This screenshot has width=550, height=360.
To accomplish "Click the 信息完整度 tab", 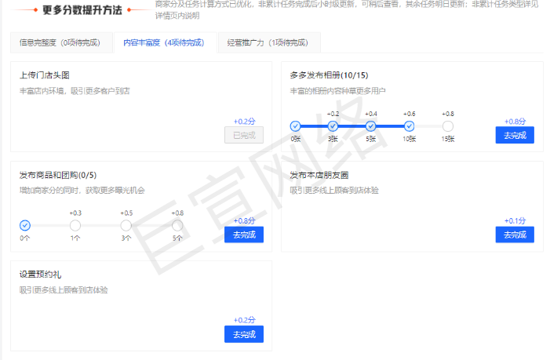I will [x=60, y=43].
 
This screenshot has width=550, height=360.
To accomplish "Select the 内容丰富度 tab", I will [x=163, y=43].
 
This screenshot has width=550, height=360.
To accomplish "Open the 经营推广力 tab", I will [x=268, y=43].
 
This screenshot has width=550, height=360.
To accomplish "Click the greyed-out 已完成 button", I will [x=244, y=135].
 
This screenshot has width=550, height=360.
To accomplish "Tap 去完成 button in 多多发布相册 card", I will [x=515, y=135].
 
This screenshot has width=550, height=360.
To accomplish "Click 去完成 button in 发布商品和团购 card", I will [x=244, y=235].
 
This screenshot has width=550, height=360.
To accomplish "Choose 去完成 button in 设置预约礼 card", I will [x=244, y=334].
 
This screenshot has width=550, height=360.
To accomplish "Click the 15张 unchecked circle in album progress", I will [x=447, y=126].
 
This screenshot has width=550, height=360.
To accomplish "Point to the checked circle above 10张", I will [x=409, y=126].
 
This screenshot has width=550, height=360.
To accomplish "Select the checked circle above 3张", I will [x=333, y=126].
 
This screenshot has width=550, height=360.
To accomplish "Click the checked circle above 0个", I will [x=24, y=226].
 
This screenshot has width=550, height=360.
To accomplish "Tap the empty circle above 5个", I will [x=177, y=226].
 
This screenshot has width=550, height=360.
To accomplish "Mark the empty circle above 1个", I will [x=75, y=226].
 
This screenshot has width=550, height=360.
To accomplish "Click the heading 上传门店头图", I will [x=45, y=75].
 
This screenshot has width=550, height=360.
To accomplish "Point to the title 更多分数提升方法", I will [x=82, y=10].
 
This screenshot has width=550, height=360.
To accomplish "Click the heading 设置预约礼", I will [x=40, y=275].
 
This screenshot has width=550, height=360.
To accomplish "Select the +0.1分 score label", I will [x=515, y=221].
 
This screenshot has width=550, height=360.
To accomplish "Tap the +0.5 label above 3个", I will [x=126, y=213].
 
